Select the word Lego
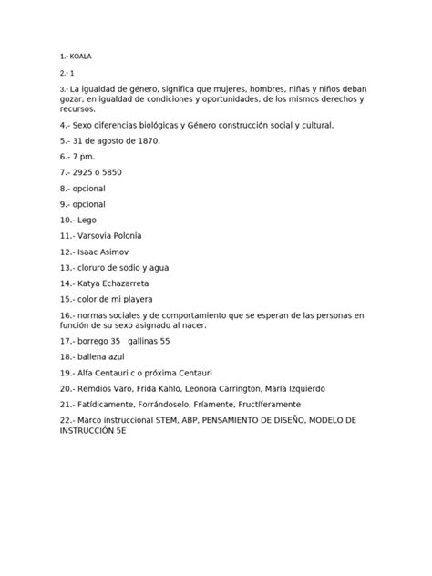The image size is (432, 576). point(87,220)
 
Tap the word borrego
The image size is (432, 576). point(98,341)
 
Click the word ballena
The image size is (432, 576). point(98,356)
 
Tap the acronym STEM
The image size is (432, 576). point(172,419)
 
